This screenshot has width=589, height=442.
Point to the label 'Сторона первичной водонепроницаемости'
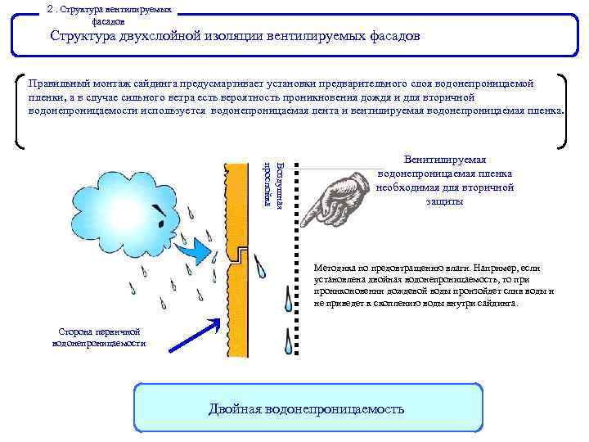pos(99,337)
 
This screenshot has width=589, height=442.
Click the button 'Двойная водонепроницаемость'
pos(306,408)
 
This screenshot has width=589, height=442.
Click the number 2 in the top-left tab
pos(51,9)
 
